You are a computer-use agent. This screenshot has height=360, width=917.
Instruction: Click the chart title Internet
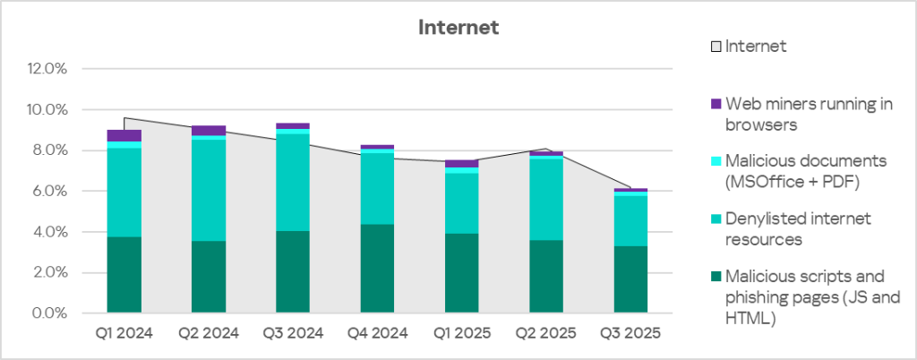pyautogui.click(x=458, y=28)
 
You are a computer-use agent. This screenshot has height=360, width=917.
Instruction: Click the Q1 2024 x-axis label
pyautogui.click(x=124, y=334)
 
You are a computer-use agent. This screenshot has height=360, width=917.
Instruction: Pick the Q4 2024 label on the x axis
pyautogui.click(x=378, y=334)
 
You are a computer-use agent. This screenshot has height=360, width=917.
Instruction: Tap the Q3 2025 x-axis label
pyautogui.click(x=630, y=334)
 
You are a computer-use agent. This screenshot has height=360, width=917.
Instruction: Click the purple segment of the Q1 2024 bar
pyautogui.click(x=124, y=135)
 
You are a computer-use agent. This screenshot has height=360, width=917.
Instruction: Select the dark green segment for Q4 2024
pyautogui.click(x=378, y=269)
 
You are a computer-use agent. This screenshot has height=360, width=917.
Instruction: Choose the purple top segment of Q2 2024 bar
pyautogui.click(x=209, y=131)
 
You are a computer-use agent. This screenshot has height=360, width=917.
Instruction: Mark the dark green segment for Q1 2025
pyautogui.click(x=462, y=273)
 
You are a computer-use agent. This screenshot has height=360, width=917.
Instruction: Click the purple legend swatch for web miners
pyautogui.click(x=715, y=104)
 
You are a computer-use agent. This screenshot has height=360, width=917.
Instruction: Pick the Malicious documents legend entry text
pyautogui.click(x=805, y=171)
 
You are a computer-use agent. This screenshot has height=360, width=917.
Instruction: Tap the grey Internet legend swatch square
pyautogui.click(x=716, y=47)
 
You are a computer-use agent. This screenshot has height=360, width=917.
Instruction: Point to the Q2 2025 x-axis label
pyautogui.click(x=546, y=334)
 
